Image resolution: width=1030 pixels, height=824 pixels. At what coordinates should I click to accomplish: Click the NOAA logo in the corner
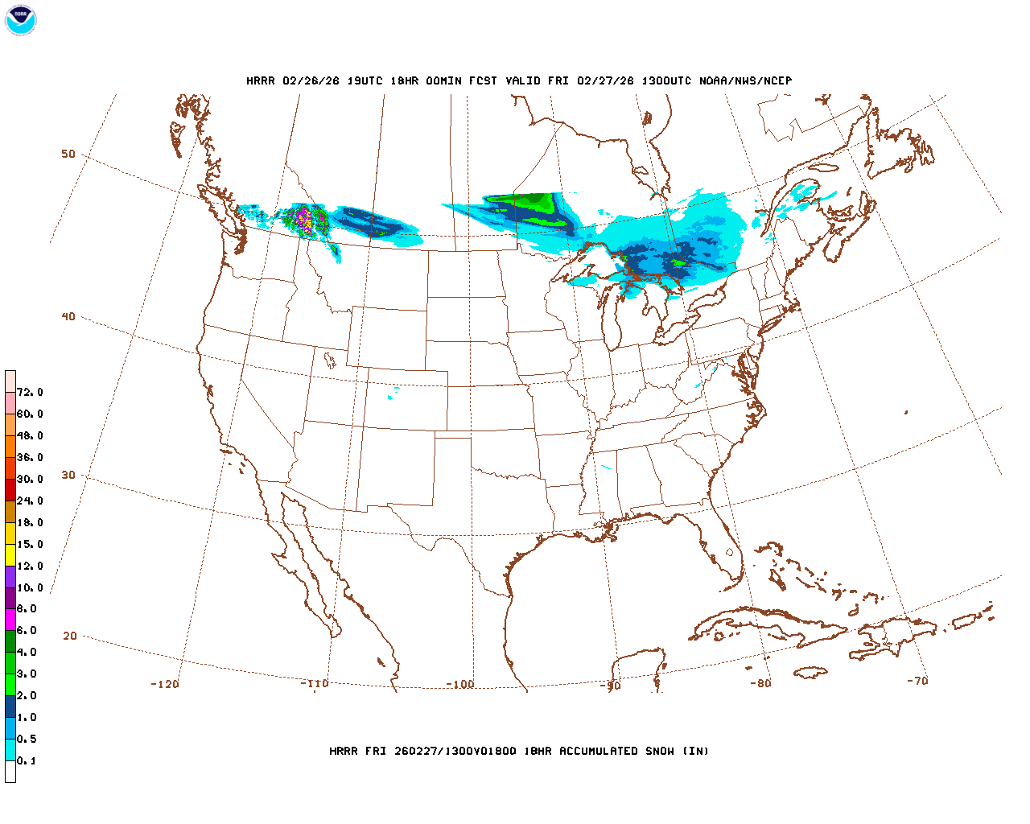tap(20, 20)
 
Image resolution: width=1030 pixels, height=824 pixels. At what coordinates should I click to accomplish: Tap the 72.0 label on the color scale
tap(30, 393)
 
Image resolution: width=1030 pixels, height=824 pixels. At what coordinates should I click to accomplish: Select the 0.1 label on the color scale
tap(27, 761)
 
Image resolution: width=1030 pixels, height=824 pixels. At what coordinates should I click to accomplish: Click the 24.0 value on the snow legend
tap(30, 501)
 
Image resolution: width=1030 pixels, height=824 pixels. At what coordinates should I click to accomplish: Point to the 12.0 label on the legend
tap(30, 566)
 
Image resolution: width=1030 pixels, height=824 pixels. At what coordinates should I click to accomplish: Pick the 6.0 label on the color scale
tap(27, 631)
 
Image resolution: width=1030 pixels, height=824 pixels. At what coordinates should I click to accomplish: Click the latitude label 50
tap(68, 154)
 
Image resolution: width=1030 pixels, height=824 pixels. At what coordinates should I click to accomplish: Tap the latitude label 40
tap(68, 317)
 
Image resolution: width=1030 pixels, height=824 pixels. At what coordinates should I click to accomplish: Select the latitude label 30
tap(68, 476)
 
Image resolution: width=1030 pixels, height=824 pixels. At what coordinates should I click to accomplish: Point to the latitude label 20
tap(70, 637)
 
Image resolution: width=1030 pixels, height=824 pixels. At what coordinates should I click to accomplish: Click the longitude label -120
tap(165, 685)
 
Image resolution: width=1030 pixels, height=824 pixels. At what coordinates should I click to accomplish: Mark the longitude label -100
tap(460, 685)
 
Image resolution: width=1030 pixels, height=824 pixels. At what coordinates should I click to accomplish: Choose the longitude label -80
tap(760, 684)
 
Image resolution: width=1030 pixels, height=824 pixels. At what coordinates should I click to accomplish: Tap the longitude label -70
tap(917, 681)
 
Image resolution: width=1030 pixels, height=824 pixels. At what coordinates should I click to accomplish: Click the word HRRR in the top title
tap(261, 81)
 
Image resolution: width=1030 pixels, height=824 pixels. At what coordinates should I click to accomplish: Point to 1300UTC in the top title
tap(669, 81)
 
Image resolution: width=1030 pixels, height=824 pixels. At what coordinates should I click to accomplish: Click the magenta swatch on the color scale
tap(10, 620)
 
